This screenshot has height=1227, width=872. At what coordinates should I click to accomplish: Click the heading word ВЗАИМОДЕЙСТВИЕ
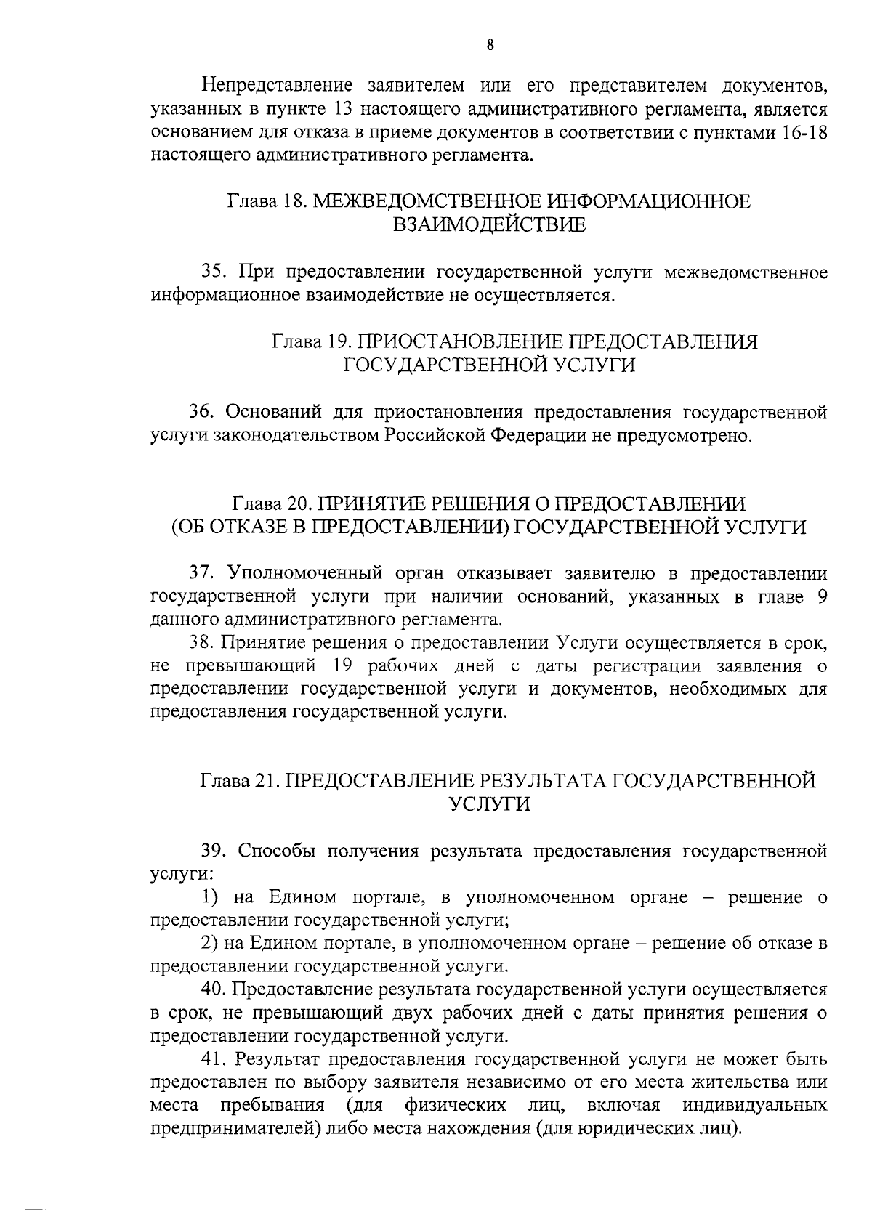(489, 225)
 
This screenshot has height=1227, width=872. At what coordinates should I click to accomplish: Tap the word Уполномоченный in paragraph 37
(305, 573)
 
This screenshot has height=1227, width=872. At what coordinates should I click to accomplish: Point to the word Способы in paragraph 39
(274, 850)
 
